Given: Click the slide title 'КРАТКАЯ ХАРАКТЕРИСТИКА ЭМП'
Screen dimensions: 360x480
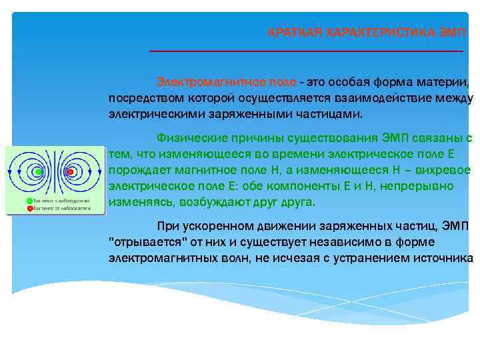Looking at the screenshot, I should pos(367,32).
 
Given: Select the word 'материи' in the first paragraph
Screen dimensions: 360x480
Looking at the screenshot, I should pos(447,82).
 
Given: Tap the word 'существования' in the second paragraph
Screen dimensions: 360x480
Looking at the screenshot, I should pos(338,138).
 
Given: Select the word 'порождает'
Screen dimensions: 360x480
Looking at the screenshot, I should pos(137,170).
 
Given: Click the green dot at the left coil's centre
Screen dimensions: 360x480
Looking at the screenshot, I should pos(38,172).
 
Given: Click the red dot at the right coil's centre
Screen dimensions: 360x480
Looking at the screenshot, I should pos(71,172).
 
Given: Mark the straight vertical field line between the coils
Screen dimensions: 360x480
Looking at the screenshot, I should pos(55,172).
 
